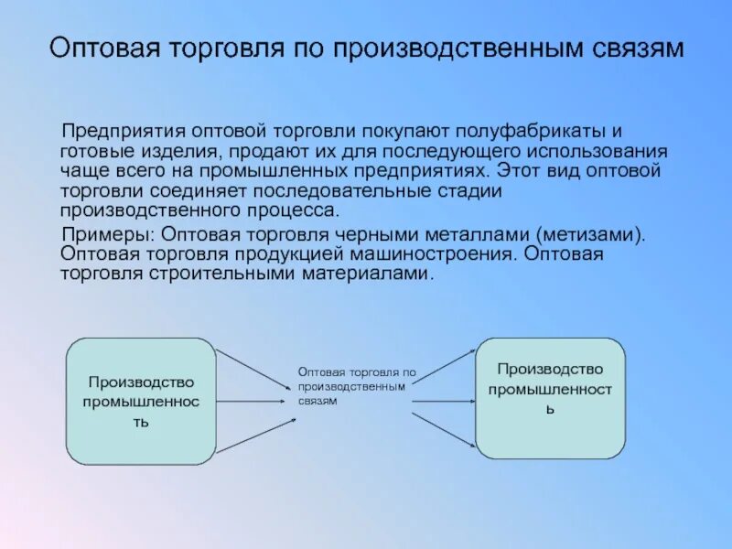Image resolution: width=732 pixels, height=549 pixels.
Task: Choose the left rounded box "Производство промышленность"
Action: point(142,400)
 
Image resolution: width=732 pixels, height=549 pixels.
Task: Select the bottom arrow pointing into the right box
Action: point(443,430)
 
